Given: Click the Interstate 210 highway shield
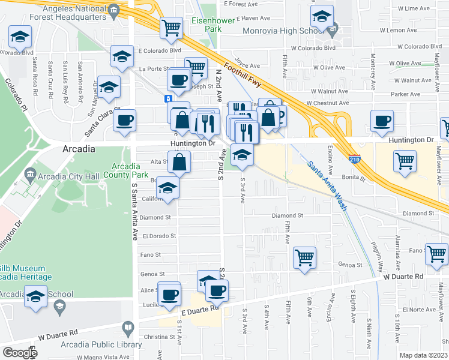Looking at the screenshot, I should click(355, 160).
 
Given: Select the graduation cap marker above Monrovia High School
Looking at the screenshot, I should click(322, 17).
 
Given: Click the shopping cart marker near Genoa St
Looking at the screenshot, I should click(305, 257).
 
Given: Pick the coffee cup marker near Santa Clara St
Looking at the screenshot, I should click(124, 121).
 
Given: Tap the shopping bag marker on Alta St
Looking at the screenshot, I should click(179, 161).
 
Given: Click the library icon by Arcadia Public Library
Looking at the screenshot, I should click(128, 328).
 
